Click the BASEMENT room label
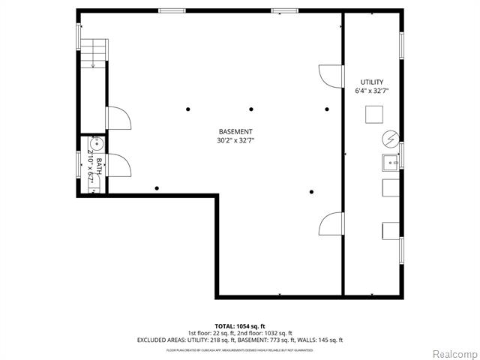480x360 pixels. pos(235,130)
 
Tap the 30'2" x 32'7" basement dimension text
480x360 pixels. pos(235,139)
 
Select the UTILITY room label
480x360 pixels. pos(371,82)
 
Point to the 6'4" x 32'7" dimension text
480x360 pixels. pos(371,91)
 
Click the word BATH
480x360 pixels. pos(97,166)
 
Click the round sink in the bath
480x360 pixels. pos(95,145)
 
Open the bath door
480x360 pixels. pos(118,164)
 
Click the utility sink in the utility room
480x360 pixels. pos(391,161)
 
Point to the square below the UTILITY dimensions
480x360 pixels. pos(374,115)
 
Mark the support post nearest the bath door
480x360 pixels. pos(156,188)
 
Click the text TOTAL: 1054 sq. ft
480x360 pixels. pos(240,326)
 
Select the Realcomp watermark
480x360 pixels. pos(452,352)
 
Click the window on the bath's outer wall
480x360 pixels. pos(78,163)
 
